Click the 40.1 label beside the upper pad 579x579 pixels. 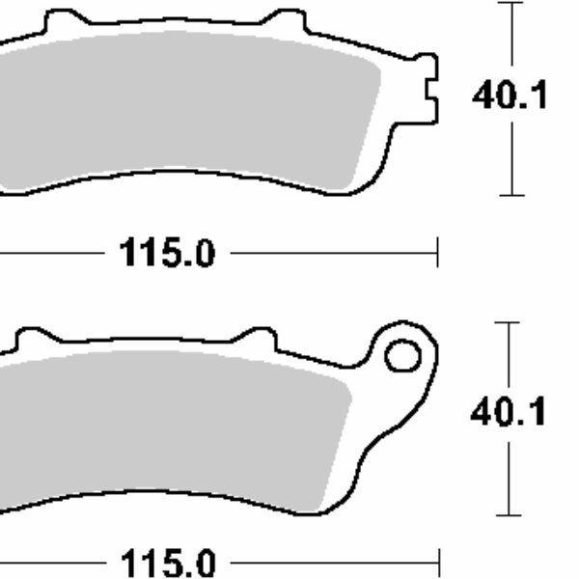510,96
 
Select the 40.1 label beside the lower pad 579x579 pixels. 509,412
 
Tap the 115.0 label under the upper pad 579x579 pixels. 166,255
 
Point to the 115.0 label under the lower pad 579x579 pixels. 166,562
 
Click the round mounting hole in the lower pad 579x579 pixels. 401,356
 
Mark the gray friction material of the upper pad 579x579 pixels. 193,106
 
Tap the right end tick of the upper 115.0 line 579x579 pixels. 438,254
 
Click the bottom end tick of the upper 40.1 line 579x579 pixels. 511,195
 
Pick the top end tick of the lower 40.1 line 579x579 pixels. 508,323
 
